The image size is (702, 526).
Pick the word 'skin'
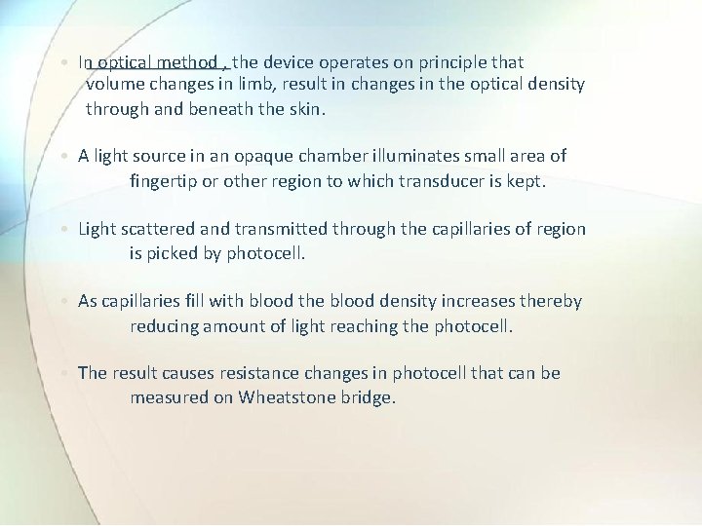pyautogui.click(x=304, y=108)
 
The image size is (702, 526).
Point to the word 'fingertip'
pyautogui.click(x=173, y=180)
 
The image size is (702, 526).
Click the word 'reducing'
pyautogui.click(x=165, y=325)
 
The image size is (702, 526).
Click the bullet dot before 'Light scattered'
pyautogui.click(x=64, y=230)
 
